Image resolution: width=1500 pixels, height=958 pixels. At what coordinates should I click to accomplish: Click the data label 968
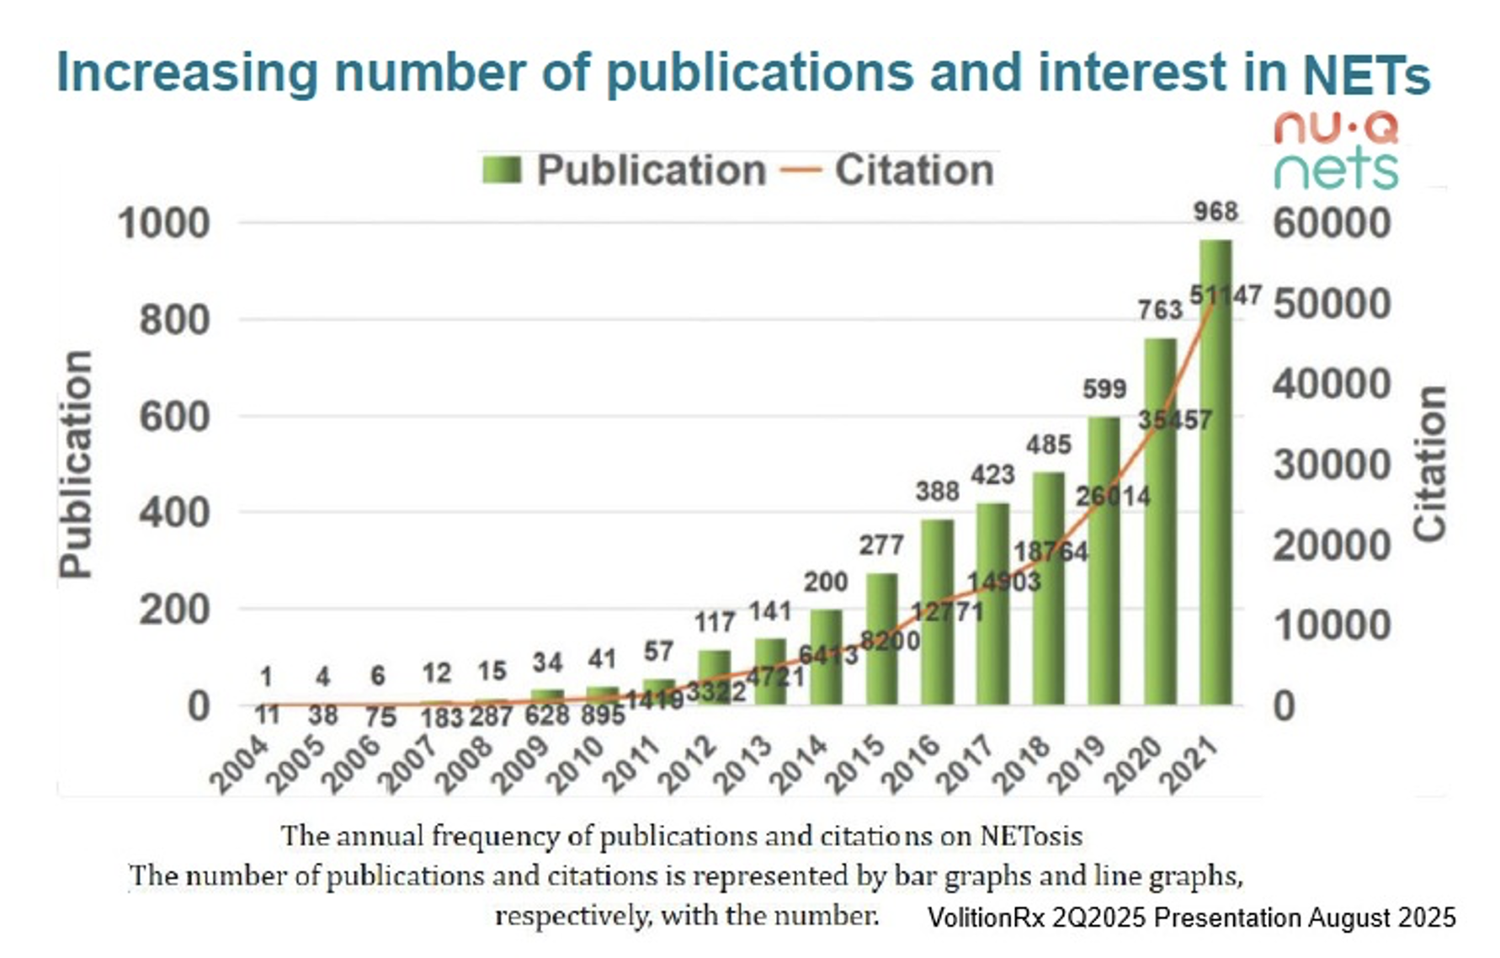pyautogui.click(x=1215, y=211)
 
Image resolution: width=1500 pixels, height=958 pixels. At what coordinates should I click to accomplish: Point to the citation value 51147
pyautogui.click(x=1225, y=295)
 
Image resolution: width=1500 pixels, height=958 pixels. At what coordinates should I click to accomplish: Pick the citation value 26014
pyautogui.click(x=1113, y=496)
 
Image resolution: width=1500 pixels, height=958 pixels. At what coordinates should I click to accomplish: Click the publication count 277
pyautogui.click(x=880, y=546)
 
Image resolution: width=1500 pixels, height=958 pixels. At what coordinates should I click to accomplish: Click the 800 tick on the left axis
pyautogui.click(x=174, y=321)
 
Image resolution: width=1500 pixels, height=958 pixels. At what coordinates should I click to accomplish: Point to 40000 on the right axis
pyautogui.click(x=1332, y=385)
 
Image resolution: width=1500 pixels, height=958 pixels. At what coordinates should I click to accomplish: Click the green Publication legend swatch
pyautogui.click(x=503, y=170)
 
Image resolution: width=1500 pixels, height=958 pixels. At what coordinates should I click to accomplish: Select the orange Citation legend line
pyautogui.click(x=800, y=170)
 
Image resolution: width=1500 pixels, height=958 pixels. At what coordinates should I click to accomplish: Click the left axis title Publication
pyautogui.click(x=76, y=464)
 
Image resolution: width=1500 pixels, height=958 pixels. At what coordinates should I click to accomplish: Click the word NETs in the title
pyautogui.click(x=1365, y=74)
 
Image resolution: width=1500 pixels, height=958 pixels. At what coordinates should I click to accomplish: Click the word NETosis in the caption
pyautogui.click(x=1030, y=836)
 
